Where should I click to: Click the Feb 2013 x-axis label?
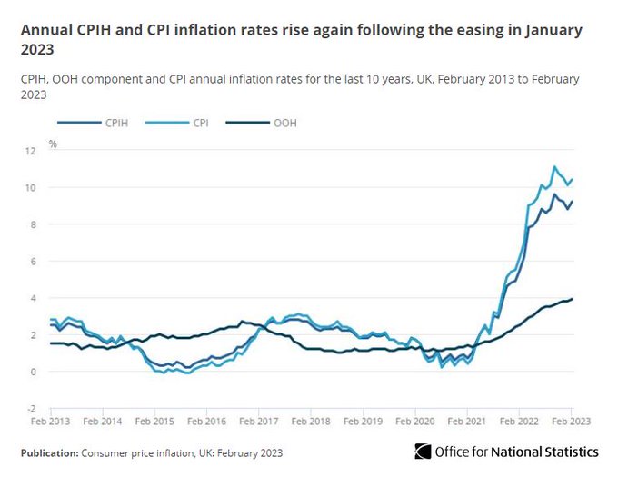tap(52, 422)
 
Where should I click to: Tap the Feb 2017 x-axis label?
tap(261, 422)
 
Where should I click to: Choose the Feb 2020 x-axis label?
tap(417, 422)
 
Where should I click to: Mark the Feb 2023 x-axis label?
tap(573, 422)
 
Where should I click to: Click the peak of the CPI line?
tap(554, 166)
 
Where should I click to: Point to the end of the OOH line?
tap(573, 299)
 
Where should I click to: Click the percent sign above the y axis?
tap(54, 144)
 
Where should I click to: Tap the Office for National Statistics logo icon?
tap(423, 452)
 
